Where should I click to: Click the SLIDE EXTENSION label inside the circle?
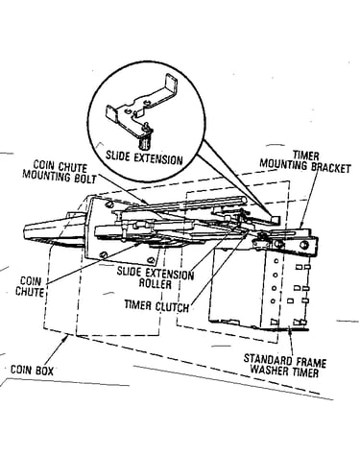click(144, 158)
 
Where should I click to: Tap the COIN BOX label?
click(32, 370)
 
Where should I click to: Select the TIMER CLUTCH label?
click(156, 305)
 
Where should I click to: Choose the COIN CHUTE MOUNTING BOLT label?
click(60, 172)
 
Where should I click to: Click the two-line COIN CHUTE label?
click(30, 287)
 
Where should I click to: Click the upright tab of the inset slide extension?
click(171, 85)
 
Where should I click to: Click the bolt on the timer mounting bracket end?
click(302, 245)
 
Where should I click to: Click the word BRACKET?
click(331, 168)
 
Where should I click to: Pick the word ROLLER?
click(155, 283)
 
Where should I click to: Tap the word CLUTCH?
click(172, 306)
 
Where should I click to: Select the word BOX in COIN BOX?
click(44, 370)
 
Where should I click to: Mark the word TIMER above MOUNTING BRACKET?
click(306, 156)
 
